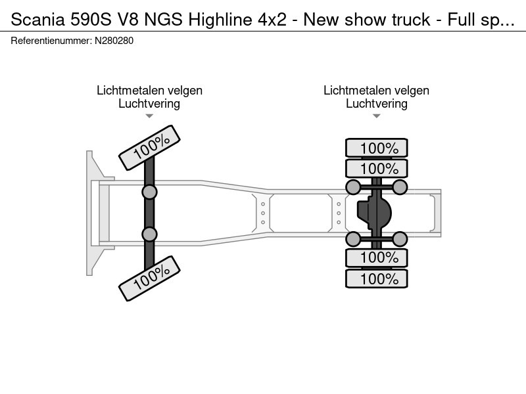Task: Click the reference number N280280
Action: point(115,41)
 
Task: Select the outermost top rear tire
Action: point(377,148)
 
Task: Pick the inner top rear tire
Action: point(377,168)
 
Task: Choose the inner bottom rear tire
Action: point(377,257)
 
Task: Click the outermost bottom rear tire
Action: point(377,278)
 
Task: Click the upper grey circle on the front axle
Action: point(150,192)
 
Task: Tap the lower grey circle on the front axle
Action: point(150,234)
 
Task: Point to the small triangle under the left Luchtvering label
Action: point(149,116)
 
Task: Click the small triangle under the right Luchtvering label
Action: point(377,116)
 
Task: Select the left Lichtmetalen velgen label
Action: point(149,91)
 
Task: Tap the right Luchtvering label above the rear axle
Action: point(377,103)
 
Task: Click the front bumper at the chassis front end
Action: point(92,213)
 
